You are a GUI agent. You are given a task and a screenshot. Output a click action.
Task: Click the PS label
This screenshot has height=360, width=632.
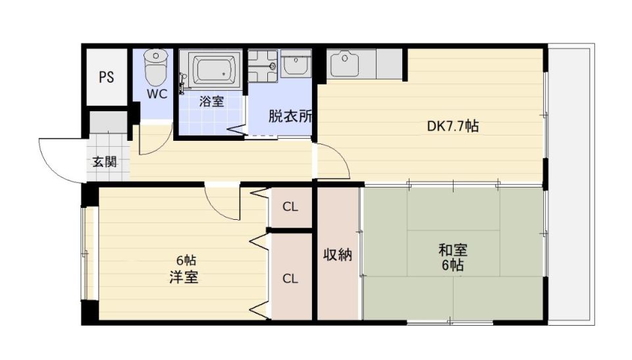tap(107, 77)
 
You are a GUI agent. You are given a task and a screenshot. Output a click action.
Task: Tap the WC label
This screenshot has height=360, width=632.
tap(157, 93)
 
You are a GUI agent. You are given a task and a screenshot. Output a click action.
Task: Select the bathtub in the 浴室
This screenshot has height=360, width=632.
tap(213, 69)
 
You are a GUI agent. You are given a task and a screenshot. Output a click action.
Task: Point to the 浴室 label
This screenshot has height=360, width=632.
tap(211, 101)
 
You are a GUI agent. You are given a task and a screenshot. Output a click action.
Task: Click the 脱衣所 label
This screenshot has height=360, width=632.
tap(290, 116)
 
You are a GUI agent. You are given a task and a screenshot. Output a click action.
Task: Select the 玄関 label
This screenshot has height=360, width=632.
tap(105, 161)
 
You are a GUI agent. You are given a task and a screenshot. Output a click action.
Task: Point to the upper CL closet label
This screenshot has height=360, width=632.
tap(290, 207)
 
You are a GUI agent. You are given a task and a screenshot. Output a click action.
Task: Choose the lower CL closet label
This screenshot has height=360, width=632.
tap(290, 278)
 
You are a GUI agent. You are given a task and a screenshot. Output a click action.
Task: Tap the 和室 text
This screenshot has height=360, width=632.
tap(453, 250)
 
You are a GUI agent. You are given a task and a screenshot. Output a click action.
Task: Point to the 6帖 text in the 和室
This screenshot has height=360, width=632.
tap(453, 266)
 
